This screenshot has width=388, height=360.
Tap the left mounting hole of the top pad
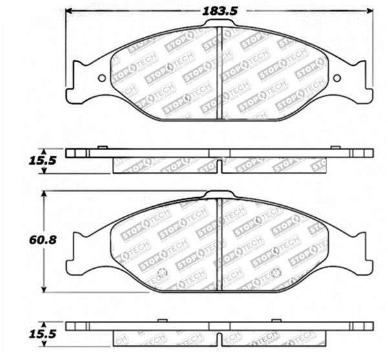point(102,79)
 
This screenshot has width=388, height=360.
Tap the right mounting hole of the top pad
point(337,79)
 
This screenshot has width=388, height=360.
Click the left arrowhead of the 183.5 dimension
point(70,11)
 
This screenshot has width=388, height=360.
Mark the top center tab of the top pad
point(219,23)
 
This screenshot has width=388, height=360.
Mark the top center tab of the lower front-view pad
point(219,194)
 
